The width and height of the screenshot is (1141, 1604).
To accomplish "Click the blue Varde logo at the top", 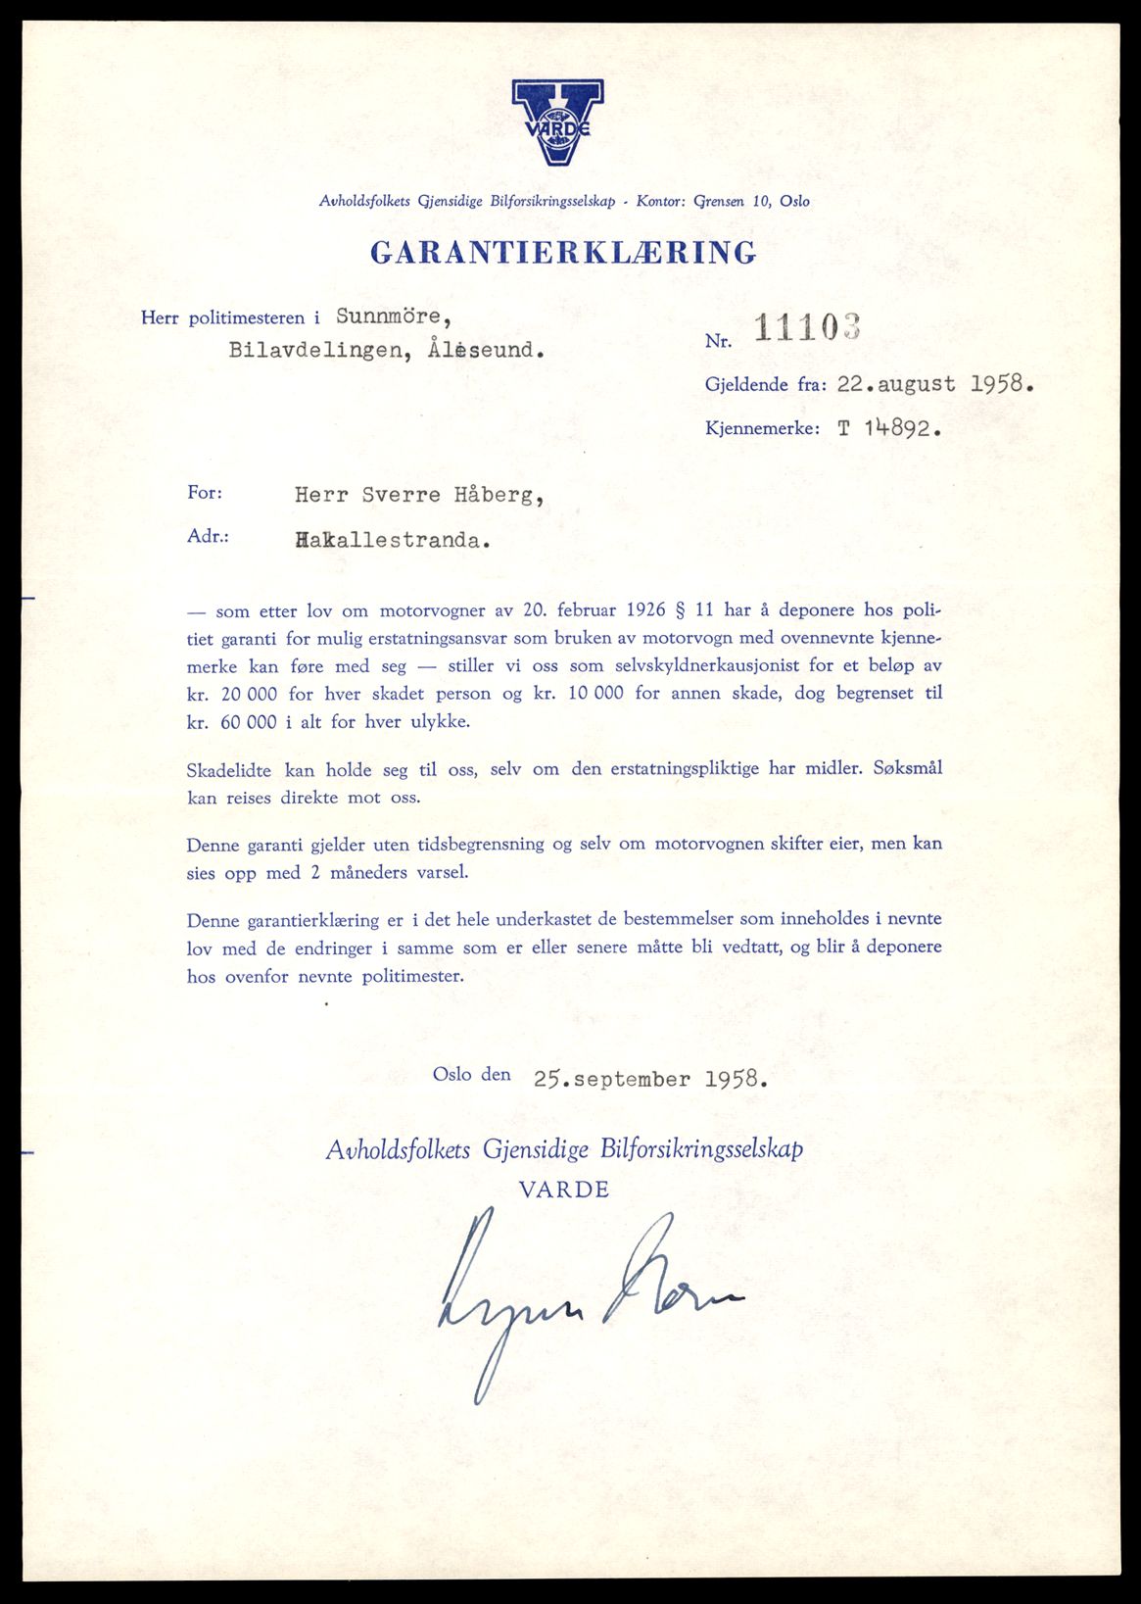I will (557, 122).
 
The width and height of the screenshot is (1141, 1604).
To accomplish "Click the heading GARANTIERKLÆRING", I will (563, 253).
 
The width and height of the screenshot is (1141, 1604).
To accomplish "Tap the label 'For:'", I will (205, 492).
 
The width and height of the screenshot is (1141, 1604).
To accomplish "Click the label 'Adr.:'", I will (208, 537).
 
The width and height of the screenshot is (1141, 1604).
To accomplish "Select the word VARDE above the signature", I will (564, 1190).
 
